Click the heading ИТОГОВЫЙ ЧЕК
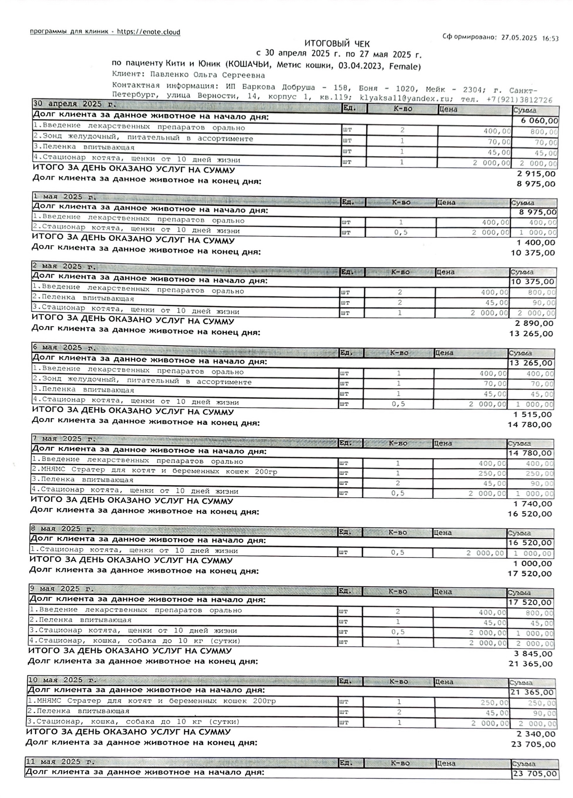click(x=337, y=44)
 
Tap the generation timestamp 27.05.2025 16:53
click(x=530, y=38)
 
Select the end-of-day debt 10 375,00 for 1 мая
click(x=532, y=252)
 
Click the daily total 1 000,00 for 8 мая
click(x=532, y=563)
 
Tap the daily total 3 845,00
click(x=532, y=654)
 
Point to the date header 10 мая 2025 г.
click(x=62, y=680)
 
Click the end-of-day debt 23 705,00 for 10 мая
click(x=533, y=744)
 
